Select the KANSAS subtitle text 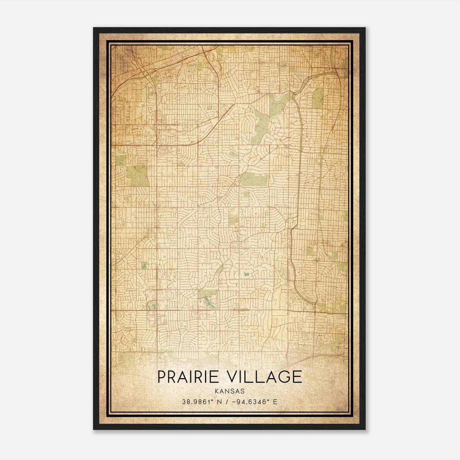point(229,391)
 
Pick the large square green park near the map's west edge point(137,176)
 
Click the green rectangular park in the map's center point(254,180)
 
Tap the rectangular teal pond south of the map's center point(246,274)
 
